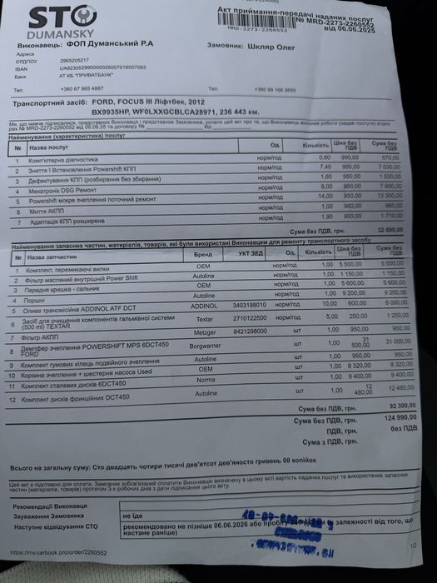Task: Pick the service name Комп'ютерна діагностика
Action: pyautogui.click(x=63, y=159)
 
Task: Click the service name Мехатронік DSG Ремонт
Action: pyautogui.click(x=62, y=190)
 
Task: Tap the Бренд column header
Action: pyautogui.click(x=203, y=254)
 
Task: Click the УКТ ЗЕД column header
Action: pyautogui.click(x=251, y=253)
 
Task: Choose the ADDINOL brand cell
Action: pyautogui.click(x=204, y=306)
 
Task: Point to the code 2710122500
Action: pyautogui.click(x=250, y=317)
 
